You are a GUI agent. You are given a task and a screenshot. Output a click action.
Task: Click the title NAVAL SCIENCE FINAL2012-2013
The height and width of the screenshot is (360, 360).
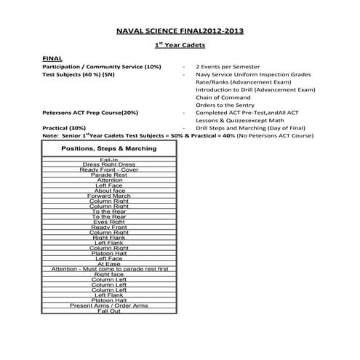point(180,31)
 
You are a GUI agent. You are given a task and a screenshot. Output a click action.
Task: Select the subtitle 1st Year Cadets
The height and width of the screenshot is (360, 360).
point(180,46)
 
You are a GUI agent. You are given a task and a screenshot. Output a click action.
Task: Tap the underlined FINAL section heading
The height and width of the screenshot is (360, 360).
point(52,58)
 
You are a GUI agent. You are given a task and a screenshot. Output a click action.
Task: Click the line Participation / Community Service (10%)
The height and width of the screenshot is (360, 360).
point(102,67)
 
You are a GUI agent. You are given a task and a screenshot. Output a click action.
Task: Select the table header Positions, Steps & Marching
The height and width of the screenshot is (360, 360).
point(109,148)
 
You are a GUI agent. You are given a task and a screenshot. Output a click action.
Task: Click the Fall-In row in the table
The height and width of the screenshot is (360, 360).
point(110,159)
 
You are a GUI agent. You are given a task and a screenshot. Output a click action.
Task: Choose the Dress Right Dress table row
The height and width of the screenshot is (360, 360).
point(109,164)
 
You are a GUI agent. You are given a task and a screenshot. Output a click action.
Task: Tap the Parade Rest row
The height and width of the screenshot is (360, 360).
point(110,175)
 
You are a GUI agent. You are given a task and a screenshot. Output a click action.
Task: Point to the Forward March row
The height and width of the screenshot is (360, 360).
point(109,196)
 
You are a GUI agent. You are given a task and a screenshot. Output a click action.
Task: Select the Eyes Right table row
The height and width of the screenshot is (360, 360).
point(109,222)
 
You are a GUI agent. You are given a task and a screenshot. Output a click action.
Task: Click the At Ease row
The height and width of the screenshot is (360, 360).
point(109,264)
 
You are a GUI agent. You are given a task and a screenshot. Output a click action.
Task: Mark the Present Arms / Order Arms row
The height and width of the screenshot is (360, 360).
point(109,305)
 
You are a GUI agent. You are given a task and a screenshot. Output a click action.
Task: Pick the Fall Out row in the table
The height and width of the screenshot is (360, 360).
point(109,311)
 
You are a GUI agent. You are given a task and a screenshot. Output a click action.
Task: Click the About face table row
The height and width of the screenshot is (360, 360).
point(109,191)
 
